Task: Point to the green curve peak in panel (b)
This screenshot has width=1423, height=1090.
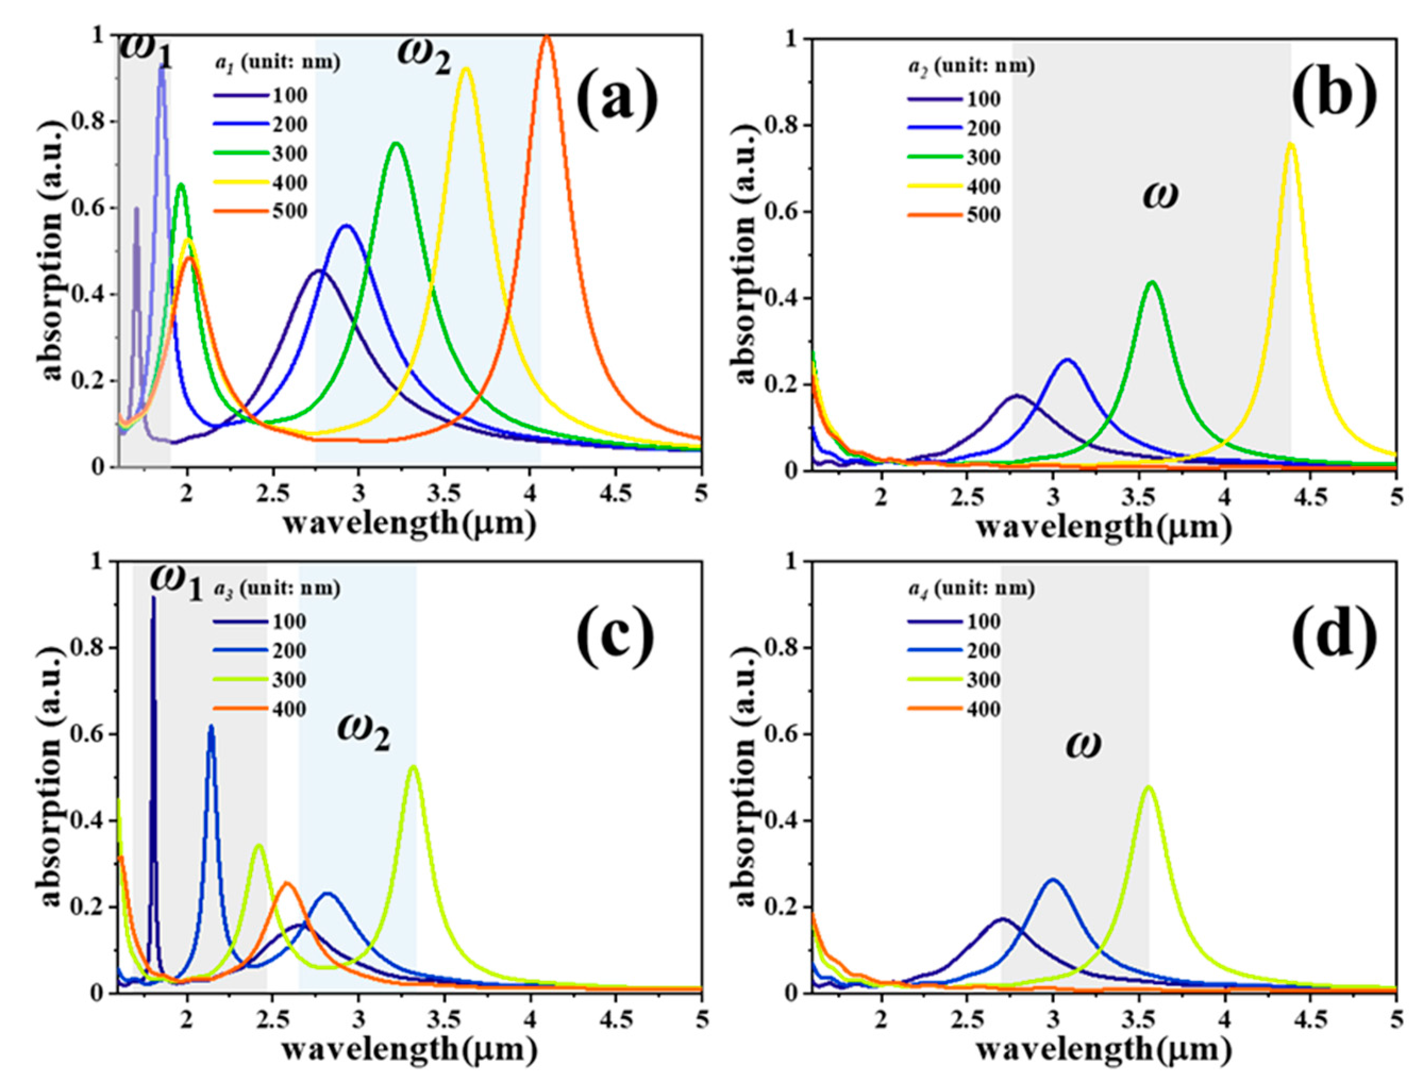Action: click(x=1152, y=282)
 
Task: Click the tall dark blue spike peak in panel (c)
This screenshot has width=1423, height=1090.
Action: click(x=153, y=598)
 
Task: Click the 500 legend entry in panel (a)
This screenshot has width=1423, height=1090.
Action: click(x=289, y=212)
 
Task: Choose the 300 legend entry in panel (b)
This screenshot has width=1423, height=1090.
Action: click(x=983, y=157)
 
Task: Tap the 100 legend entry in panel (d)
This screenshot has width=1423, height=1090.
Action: click(x=983, y=622)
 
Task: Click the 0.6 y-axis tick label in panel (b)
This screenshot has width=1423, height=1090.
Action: click(x=781, y=212)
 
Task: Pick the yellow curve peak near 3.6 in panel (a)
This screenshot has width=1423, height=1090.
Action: click(x=466, y=69)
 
